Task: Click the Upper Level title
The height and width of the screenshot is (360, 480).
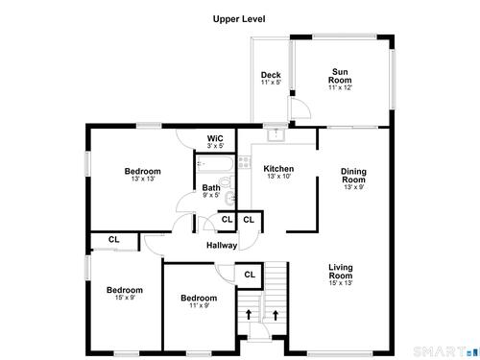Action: point(239,19)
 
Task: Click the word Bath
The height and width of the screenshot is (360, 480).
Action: point(211,188)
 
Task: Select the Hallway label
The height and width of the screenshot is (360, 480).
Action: point(222,246)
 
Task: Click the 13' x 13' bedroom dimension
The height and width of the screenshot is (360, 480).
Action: point(143,179)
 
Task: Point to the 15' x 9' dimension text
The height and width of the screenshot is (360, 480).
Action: point(125,298)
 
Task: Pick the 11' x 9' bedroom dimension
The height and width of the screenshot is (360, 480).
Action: point(199,305)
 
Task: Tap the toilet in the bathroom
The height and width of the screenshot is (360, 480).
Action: point(228,182)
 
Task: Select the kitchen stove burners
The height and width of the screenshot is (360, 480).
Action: point(245,162)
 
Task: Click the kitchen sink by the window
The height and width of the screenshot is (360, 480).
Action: point(276,134)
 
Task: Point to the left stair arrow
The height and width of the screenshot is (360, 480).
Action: point(249,314)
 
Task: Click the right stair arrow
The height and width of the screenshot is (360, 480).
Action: point(276,315)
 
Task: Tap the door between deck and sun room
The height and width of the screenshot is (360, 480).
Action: point(300,108)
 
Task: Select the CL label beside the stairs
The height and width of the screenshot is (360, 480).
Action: point(250,275)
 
